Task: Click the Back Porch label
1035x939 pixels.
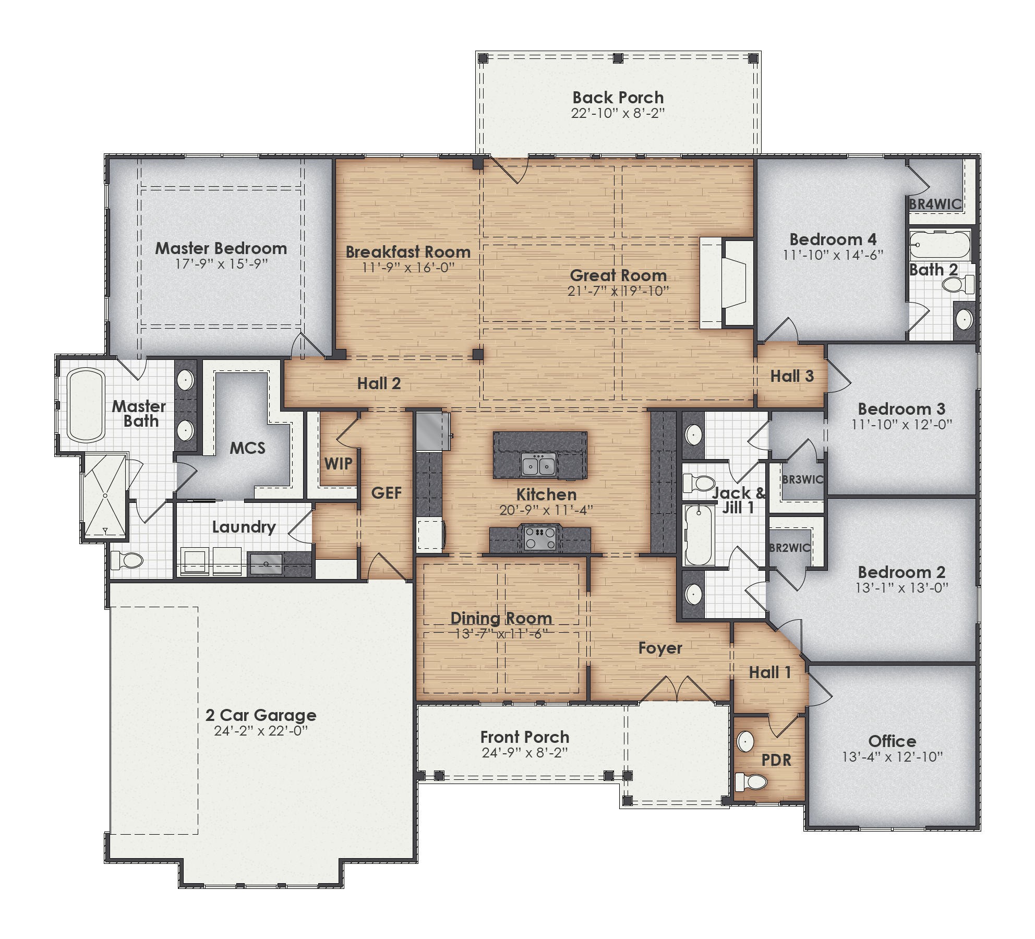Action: coord(618,98)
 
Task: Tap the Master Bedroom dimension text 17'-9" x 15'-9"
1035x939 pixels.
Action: coord(221,264)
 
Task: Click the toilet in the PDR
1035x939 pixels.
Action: coord(751,781)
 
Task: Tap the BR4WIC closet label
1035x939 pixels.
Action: coord(935,204)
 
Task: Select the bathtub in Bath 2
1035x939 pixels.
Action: coord(940,244)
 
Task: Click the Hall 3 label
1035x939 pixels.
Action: coord(792,376)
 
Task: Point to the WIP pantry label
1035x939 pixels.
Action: coord(338,463)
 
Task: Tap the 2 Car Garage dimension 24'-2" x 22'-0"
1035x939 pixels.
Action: coord(261,730)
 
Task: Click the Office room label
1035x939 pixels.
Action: coord(892,741)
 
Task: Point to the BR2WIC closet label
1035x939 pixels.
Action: coord(790,548)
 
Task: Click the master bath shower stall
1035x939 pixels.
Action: coord(105,496)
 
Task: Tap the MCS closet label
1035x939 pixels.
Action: coord(247,448)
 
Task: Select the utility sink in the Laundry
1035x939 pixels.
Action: coord(267,564)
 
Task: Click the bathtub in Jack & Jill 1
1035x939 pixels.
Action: coord(699,536)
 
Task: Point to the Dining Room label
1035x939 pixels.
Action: coord(501,618)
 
